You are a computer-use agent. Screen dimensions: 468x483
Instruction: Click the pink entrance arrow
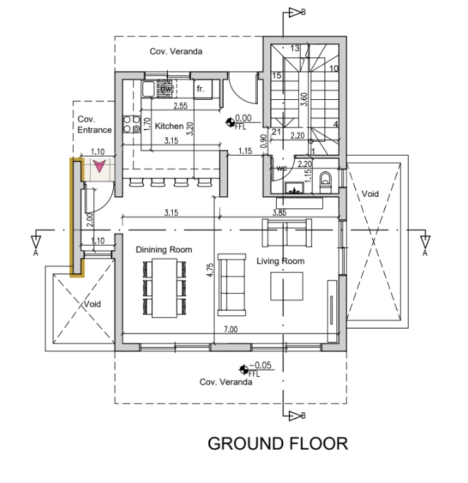point(99,166)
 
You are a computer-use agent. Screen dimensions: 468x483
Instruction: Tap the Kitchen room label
point(169,126)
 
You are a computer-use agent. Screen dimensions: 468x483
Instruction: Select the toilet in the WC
point(325,182)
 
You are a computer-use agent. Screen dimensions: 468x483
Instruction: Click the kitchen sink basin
point(148,89)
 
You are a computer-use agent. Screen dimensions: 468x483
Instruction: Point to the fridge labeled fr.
point(203,89)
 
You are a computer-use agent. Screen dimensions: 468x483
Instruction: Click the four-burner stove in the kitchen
point(132,124)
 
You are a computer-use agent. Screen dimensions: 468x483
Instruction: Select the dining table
point(164,288)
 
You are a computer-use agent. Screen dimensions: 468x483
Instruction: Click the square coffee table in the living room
point(287,286)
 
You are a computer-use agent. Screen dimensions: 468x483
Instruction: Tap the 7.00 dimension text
point(231,329)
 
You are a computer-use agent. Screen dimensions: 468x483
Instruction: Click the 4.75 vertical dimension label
point(210,270)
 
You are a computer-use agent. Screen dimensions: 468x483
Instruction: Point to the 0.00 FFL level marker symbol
point(229,123)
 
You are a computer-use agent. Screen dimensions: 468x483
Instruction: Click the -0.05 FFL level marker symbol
point(244,369)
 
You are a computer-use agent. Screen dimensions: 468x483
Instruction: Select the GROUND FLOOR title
point(278,443)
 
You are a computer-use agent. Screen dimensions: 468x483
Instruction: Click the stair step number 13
point(295,48)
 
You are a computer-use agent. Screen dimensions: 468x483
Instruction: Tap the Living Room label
point(280,261)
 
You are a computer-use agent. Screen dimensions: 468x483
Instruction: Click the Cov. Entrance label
point(94,125)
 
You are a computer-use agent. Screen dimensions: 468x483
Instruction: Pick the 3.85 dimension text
point(279,212)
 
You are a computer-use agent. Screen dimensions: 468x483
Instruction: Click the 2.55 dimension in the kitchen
point(181,106)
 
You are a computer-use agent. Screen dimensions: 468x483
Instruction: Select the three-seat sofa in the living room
point(232,285)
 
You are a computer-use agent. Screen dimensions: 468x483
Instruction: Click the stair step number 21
point(276,132)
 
